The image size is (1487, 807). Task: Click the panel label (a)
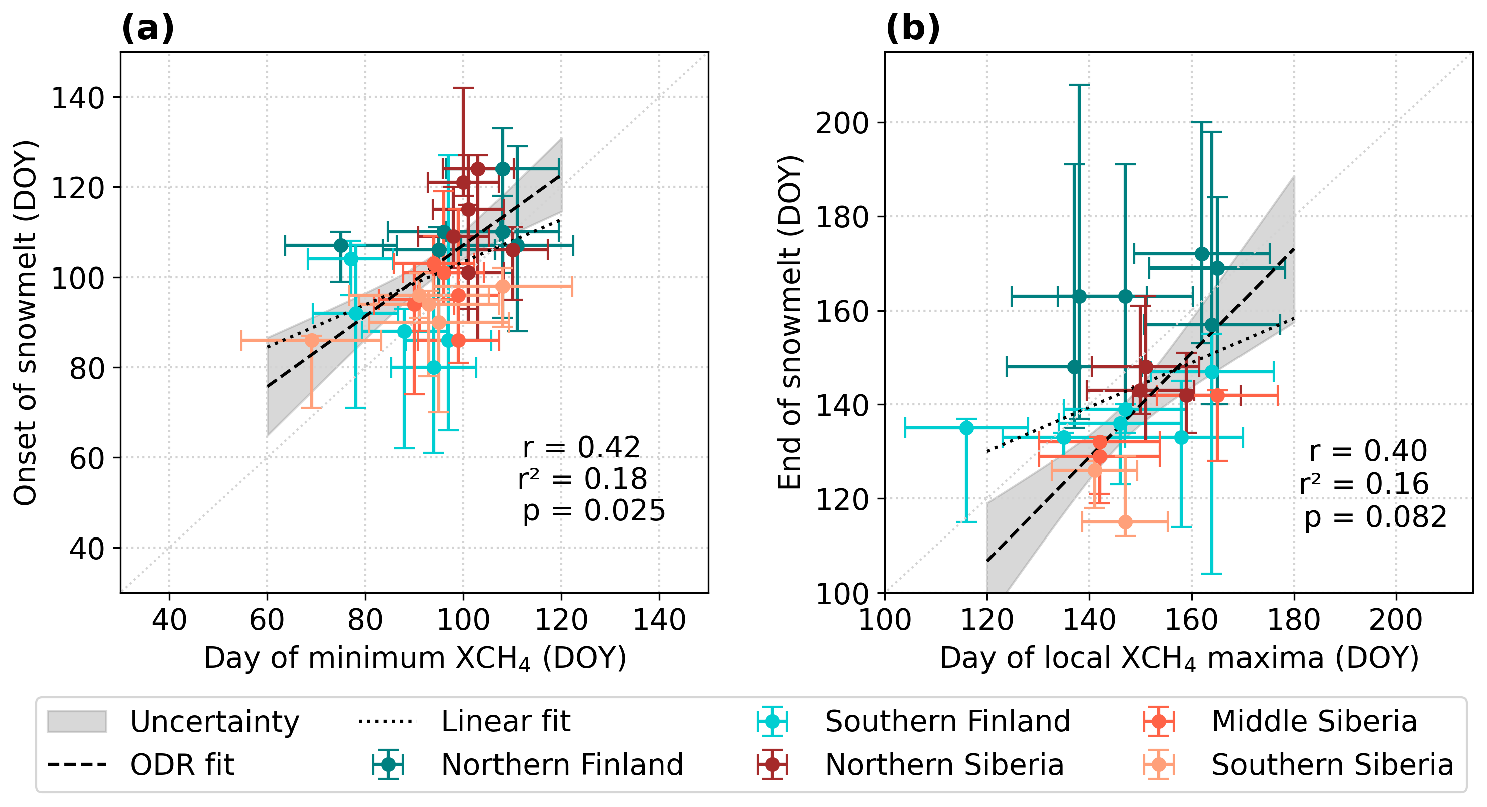147,28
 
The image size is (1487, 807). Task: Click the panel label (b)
913,28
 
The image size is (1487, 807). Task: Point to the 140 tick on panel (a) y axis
78,98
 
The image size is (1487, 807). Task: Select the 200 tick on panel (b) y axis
841,123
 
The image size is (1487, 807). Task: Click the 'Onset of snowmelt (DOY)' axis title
26,323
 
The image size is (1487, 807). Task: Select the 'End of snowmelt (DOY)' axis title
790,323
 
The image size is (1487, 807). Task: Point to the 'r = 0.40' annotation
1368,451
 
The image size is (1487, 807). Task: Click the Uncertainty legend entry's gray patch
77,721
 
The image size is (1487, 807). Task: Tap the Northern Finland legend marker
388,765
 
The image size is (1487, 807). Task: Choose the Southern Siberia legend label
1332,765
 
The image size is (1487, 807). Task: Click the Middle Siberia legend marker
1158,721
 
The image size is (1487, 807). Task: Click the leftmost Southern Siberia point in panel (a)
312,341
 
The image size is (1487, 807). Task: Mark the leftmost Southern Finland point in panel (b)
967,428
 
